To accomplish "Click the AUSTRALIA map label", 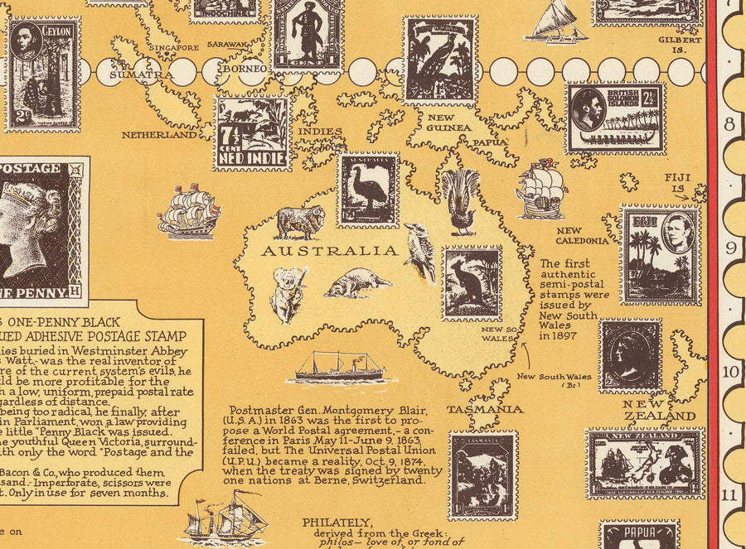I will click(329, 251).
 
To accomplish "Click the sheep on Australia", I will click(299, 222).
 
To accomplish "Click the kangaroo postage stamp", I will click(472, 283).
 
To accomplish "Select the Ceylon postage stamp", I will click(42, 75).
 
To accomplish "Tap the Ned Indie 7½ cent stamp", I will click(252, 133).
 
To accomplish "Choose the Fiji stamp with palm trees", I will click(661, 254).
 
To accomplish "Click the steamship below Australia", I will click(340, 367).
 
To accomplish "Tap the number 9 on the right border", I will click(732, 248).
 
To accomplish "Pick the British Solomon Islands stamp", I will click(616, 118).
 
